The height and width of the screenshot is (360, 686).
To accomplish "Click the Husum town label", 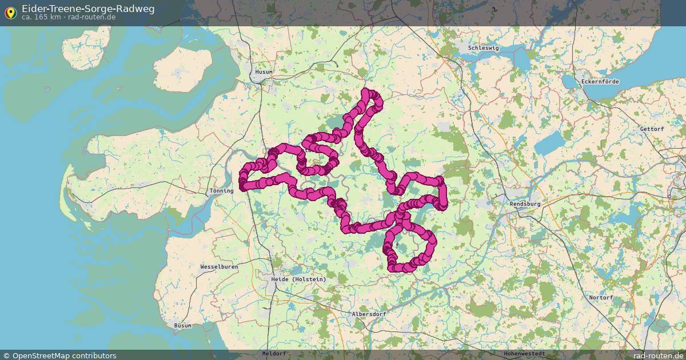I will [264, 72].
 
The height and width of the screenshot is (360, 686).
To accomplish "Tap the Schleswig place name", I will [484, 48].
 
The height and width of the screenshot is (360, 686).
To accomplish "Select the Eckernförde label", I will [600, 82].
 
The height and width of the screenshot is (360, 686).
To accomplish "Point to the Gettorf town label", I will [652, 129].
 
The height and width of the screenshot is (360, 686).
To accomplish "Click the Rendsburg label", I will [525, 203].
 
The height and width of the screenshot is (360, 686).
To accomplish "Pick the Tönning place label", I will [222, 191].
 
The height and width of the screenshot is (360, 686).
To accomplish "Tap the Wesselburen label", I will [219, 267].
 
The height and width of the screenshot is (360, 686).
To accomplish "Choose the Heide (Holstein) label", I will [298, 279].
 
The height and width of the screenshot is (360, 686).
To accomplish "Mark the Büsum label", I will [183, 326].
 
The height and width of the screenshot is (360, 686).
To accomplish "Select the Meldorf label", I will [274, 354].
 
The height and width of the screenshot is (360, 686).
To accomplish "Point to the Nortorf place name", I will [601, 298].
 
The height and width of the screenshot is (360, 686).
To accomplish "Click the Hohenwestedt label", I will [524, 354].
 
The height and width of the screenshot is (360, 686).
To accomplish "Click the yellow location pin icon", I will [10, 13].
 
